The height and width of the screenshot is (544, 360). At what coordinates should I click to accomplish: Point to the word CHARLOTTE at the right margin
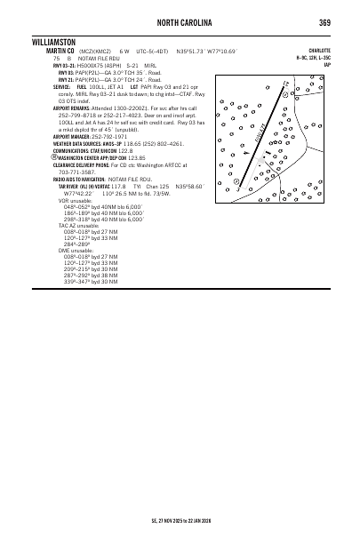[x=320, y=51]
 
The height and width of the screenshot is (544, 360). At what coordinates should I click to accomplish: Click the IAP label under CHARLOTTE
[x=327, y=65]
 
